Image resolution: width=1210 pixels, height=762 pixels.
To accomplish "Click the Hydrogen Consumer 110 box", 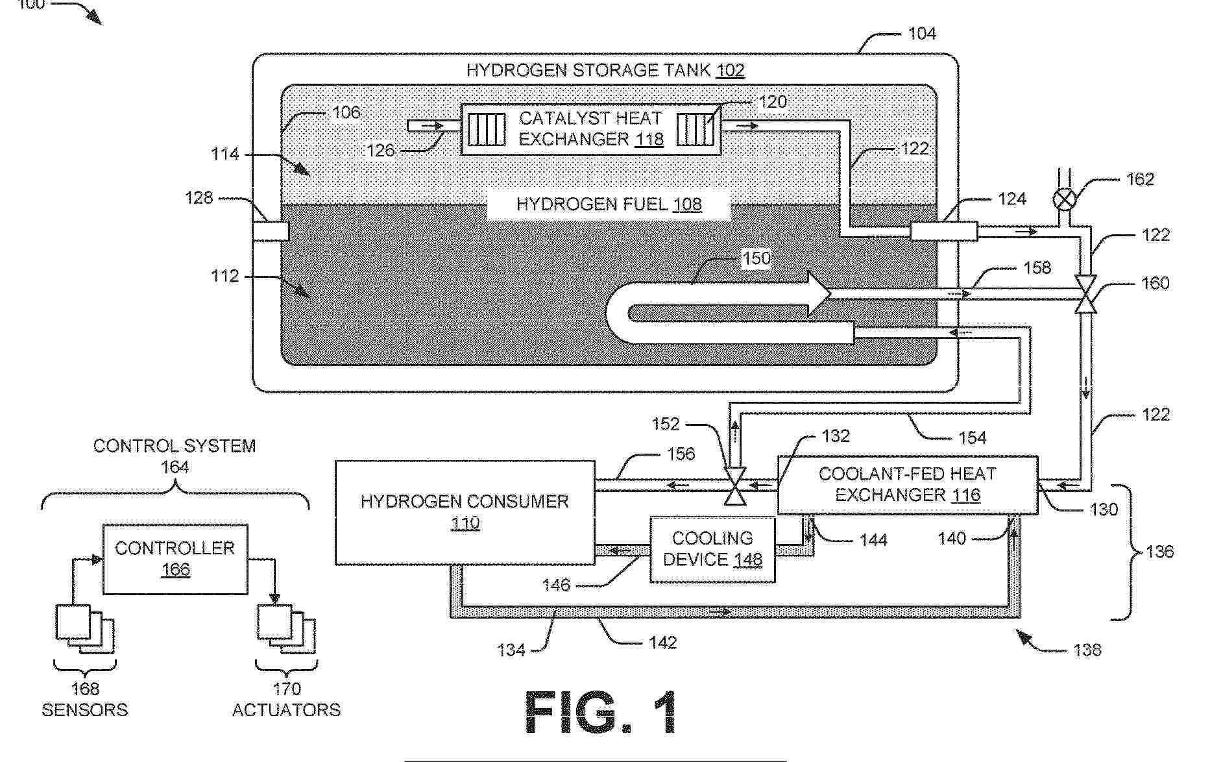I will [x=465, y=511].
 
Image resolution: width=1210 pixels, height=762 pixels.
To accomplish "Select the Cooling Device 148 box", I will [x=712, y=549].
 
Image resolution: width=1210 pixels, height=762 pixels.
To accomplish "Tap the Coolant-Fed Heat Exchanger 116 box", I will [x=907, y=485].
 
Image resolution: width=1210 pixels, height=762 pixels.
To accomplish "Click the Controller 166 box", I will [x=175, y=559].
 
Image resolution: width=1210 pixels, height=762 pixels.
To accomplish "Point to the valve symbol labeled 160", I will [x=1085, y=294].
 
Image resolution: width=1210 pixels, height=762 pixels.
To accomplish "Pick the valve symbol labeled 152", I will [x=735, y=485].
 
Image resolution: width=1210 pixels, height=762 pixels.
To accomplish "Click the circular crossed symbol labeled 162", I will [x=1064, y=199].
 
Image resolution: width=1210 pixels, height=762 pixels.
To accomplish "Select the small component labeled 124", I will [x=943, y=231].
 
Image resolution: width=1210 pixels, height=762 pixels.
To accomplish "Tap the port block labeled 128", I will [x=271, y=230].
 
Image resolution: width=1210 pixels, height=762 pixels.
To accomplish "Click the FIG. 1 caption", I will [x=601, y=712].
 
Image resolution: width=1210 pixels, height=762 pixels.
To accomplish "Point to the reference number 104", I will [x=922, y=34].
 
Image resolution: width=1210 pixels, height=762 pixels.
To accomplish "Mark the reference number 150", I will [x=756, y=258].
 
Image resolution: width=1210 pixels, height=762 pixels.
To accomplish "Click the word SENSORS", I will [x=84, y=709].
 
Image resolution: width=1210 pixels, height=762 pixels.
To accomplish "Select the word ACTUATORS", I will [x=286, y=709].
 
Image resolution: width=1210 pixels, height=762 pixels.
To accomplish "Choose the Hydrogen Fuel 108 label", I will [x=609, y=204].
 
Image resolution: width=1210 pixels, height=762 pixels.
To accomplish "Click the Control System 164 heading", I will [x=175, y=456].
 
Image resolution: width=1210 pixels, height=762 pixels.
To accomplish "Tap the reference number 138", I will [x=1087, y=650].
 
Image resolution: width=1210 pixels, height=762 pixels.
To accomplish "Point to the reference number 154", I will [x=972, y=438].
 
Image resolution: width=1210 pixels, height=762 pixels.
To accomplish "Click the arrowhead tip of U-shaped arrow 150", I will [x=830, y=294].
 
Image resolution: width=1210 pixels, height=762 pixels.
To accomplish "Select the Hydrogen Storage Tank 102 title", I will [x=605, y=70].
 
